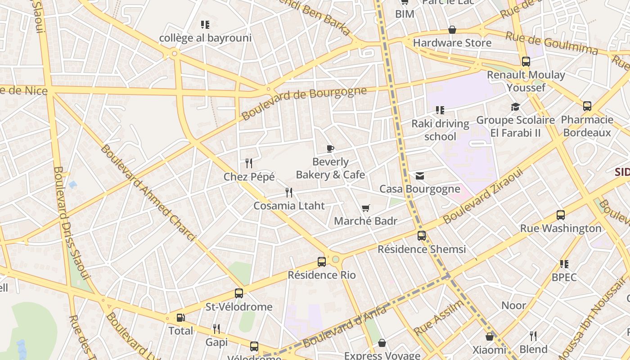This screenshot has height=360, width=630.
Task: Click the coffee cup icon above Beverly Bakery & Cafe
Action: (x=330, y=149)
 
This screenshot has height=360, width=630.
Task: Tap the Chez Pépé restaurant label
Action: (x=249, y=177)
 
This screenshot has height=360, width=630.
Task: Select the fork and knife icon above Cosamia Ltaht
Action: (x=289, y=193)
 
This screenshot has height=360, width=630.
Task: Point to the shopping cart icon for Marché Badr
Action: (x=365, y=208)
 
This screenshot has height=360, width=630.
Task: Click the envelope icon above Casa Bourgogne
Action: (x=420, y=176)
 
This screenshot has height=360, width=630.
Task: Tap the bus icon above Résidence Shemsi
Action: (x=422, y=235)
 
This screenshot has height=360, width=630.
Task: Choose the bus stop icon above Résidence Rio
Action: (x=322, y=261)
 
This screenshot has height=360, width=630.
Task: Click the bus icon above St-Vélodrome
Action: (x=239, y=293)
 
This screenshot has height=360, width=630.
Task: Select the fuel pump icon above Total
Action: (x=180, y=318)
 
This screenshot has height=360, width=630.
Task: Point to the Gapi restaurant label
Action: (x=216, y=342)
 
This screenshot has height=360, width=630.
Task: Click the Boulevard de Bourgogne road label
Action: (x=304, y=103)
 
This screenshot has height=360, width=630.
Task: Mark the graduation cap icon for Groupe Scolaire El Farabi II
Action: (x=515, y=107)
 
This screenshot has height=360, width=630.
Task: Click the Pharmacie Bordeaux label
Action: (x=587, y=126)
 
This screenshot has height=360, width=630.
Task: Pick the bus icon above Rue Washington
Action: (x=561, y=215)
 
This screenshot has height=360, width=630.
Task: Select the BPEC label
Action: (x=564, y=277)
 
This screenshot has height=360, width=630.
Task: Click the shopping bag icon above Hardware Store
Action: (x=452, y=30)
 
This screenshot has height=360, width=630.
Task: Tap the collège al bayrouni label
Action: (x=205, y=38)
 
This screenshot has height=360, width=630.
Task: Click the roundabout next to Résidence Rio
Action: (x=335, y=259)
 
